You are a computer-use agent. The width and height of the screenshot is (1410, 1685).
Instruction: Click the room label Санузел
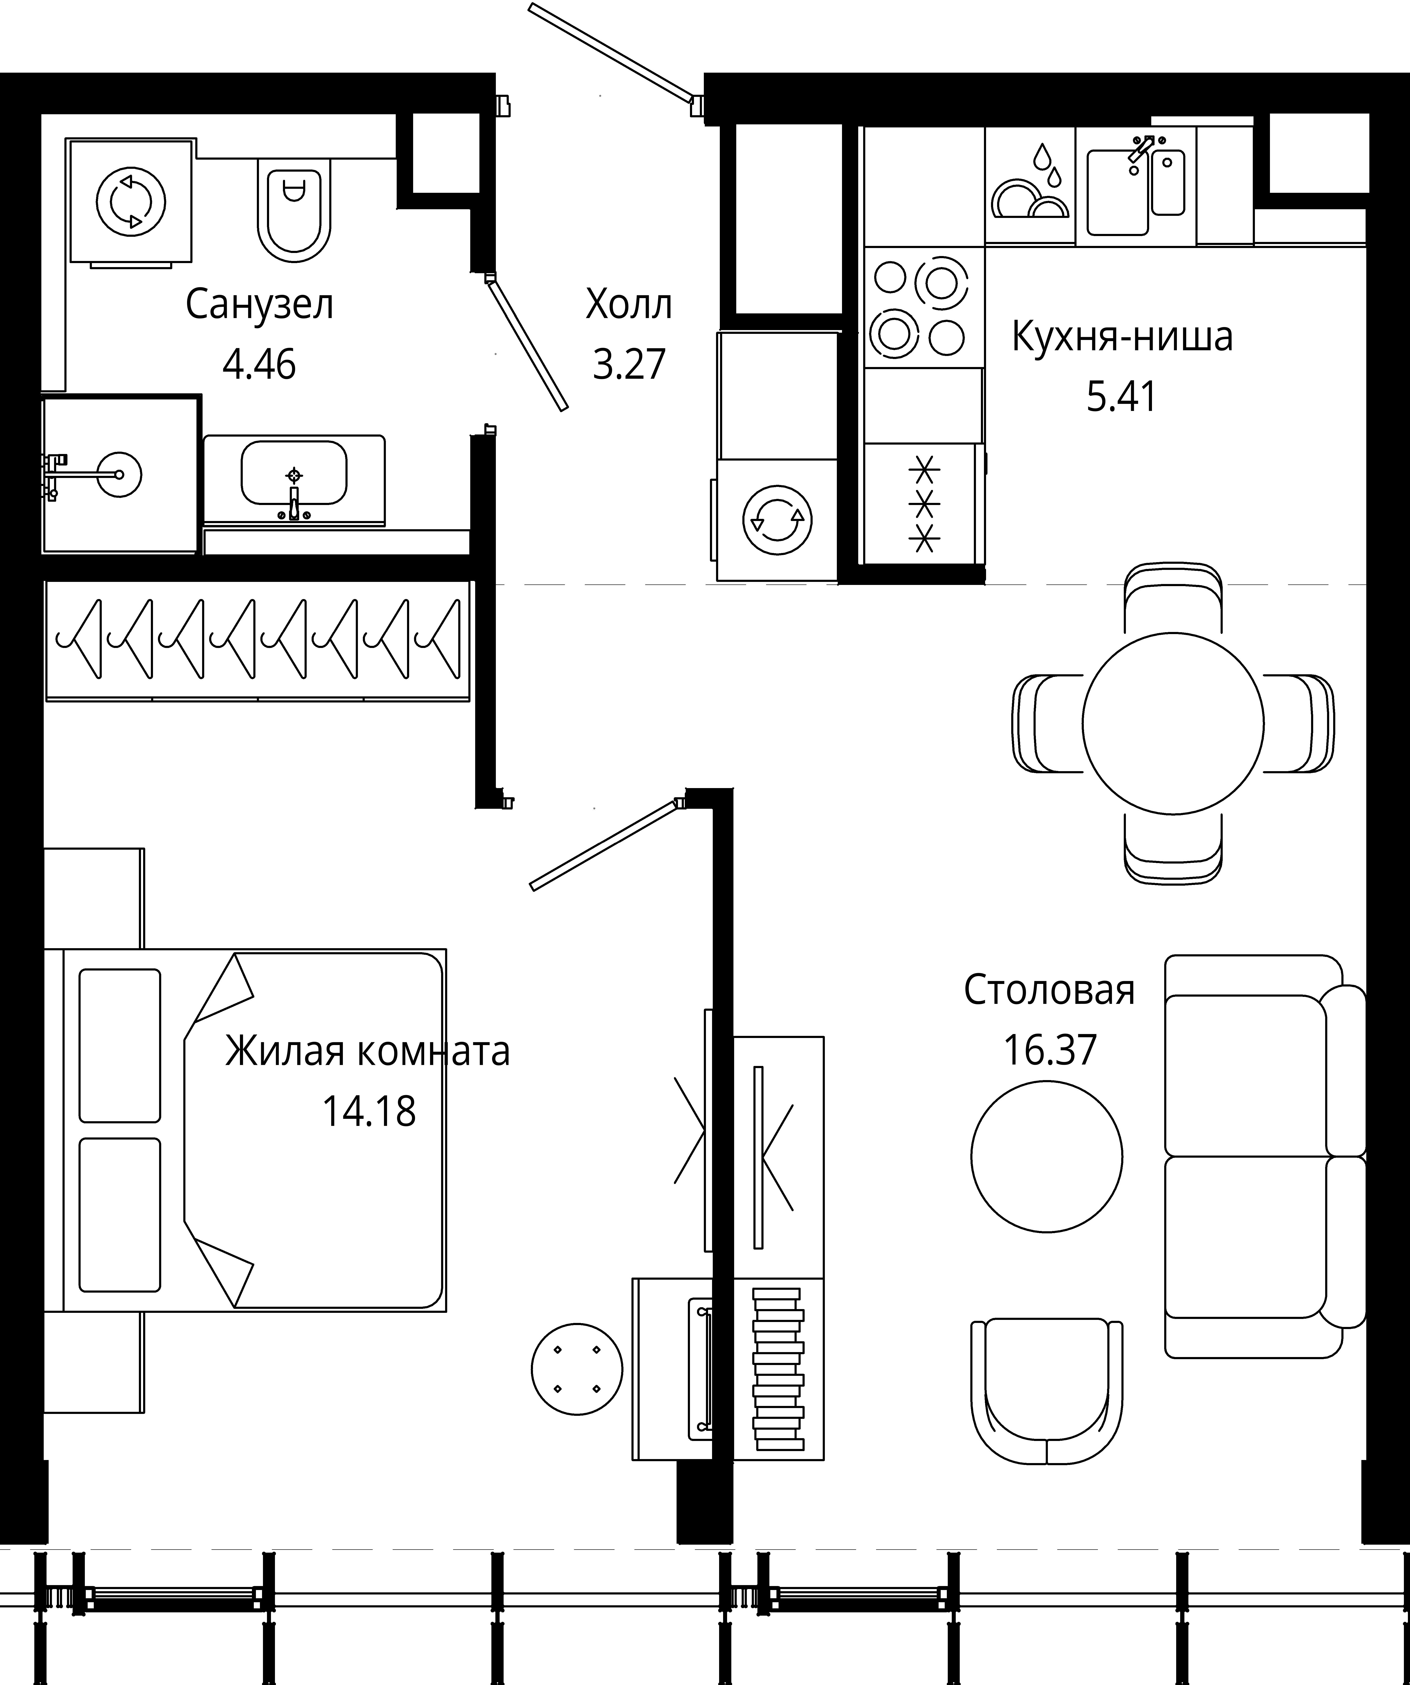coord(259,305)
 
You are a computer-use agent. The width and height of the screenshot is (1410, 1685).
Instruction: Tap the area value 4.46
coord(259,365)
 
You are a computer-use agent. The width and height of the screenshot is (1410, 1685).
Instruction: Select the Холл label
coord(629,305)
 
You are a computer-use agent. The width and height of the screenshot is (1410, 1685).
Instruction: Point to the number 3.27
coord(629,365)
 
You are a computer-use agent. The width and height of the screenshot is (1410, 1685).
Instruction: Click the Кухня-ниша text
coord(1122,337)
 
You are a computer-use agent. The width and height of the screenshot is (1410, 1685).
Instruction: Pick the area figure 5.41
coord(1122,397)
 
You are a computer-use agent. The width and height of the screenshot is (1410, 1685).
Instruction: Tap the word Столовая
coord(1049,990)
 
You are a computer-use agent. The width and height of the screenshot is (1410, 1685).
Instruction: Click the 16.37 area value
coord(1049,1050)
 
